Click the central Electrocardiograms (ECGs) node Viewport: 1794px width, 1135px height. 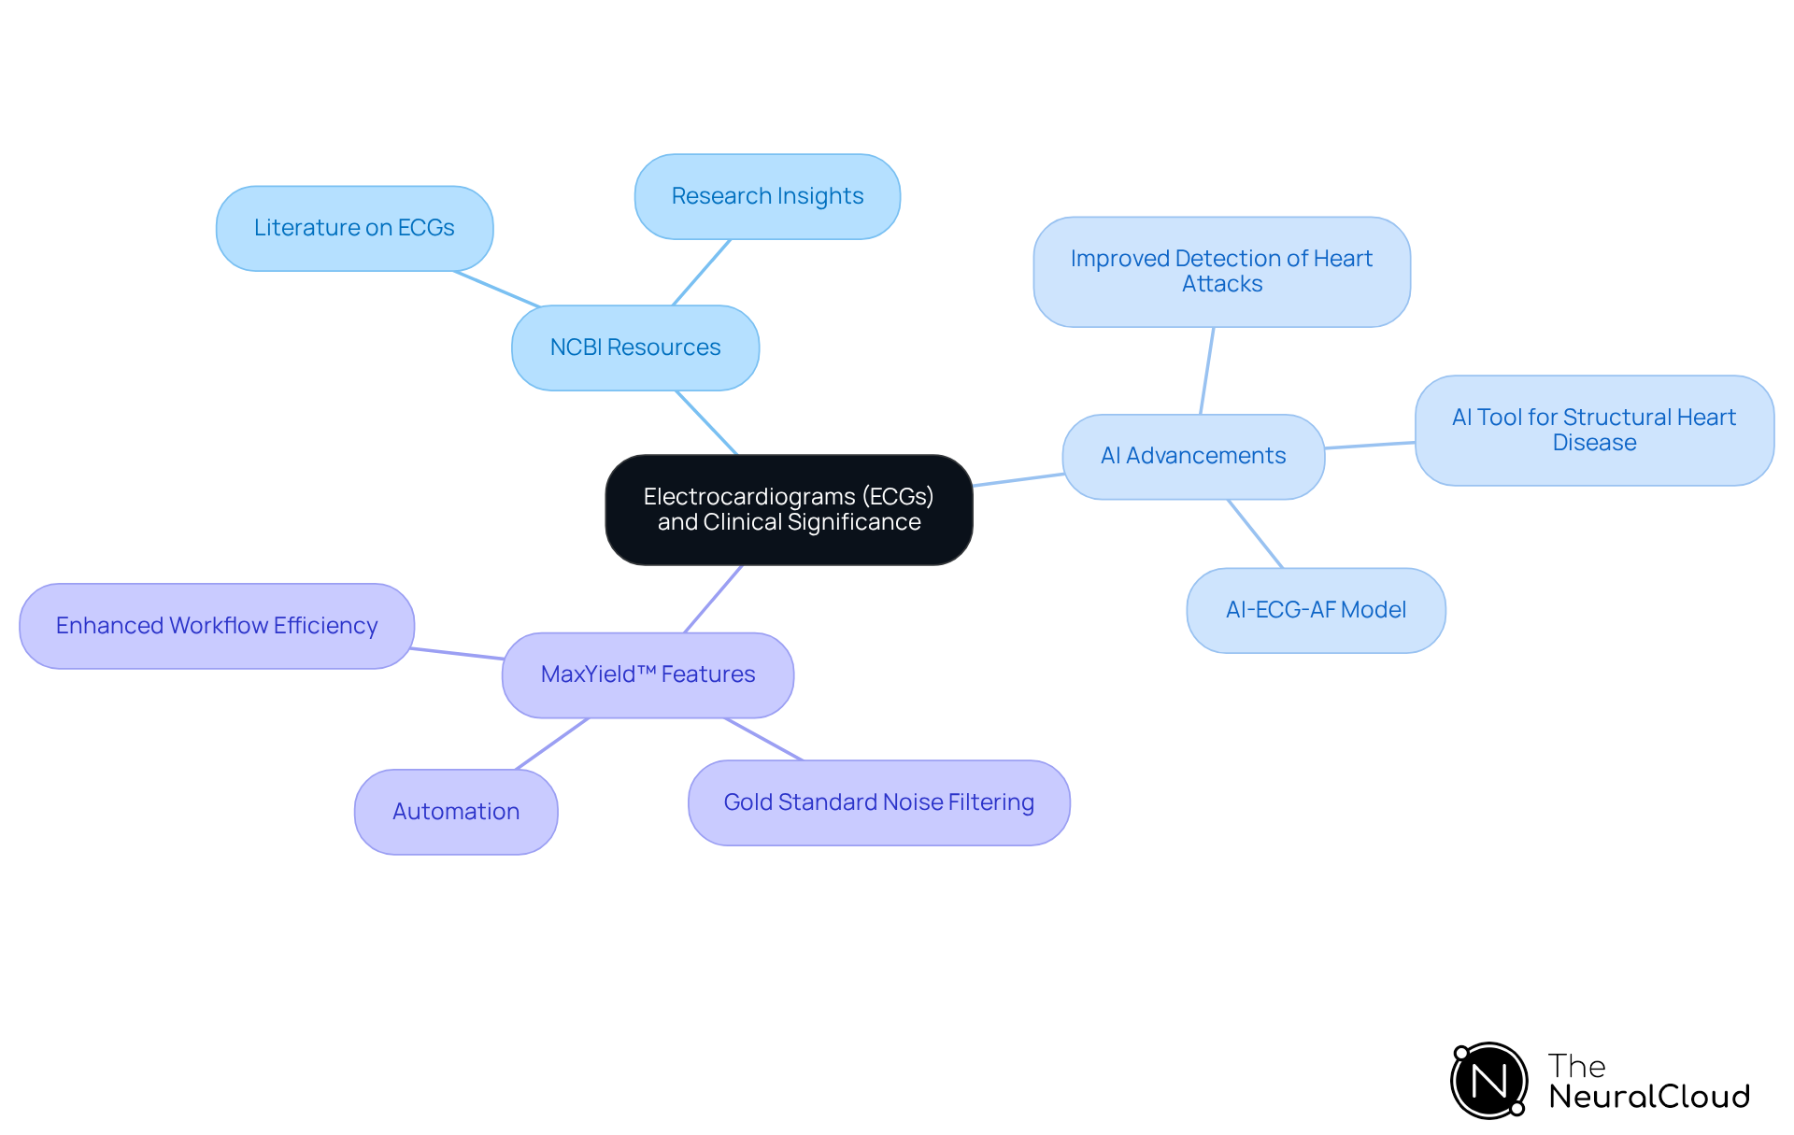[789, 509]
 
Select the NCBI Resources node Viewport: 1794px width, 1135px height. [635, 348]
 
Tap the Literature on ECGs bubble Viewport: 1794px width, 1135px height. [354, 228]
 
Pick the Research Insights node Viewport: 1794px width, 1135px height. [767, 196]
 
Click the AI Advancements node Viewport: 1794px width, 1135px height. [1193, 456]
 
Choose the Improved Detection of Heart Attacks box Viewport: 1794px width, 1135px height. [1221, 272]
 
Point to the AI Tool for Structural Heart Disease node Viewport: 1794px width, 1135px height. [1593, 430]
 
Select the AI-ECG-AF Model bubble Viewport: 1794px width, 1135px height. [1316, 610]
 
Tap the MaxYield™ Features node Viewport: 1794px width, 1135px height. [648, 674]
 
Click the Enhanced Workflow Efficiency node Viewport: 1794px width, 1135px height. [217, 626]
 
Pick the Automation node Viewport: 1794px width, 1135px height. [456, 811]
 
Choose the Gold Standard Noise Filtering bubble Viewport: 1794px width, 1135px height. [878, 802]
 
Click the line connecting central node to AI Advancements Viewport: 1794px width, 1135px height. [1018, 479]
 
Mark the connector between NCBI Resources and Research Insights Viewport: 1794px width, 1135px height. [701, 272]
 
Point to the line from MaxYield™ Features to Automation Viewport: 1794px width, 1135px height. [552, 744]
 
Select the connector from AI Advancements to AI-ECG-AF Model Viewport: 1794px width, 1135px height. [1255, 533]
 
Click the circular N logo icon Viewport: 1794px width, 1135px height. [1488, 1081]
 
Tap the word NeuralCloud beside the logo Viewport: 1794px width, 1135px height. [1649, 1097]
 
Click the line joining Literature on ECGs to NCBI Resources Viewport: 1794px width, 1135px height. [497, 289]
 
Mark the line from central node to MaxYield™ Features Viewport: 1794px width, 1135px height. [714, 599]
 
